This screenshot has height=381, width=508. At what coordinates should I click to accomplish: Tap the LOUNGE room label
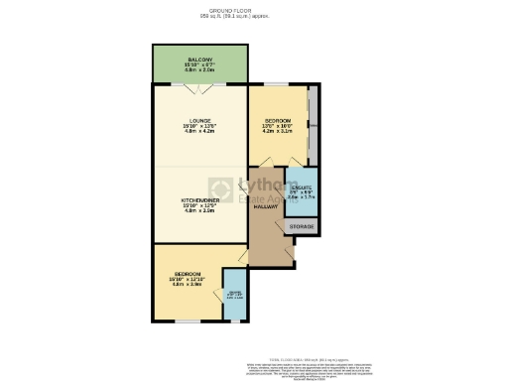click(199, 121)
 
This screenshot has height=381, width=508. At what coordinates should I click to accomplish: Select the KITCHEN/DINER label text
click(199, 199)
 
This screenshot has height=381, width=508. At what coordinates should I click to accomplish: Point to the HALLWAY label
click(265, 206)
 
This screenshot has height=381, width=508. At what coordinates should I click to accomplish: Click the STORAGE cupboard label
click(302, 227)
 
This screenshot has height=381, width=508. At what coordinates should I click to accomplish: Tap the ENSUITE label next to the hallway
click(301, 187)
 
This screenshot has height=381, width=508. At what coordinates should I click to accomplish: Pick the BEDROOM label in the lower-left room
click(188, 274)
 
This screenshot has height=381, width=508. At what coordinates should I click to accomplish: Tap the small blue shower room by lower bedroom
click(234, 295)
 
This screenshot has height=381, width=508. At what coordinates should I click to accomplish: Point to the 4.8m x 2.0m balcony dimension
click(199, 71)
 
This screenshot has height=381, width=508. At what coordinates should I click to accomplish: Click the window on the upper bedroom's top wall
click(277, 86)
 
